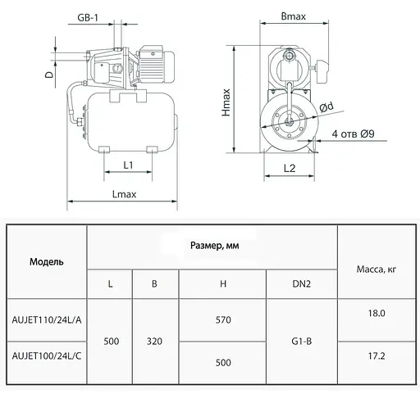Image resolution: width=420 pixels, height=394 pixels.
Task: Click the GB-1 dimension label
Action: pyautogui.click(x=88, y=18)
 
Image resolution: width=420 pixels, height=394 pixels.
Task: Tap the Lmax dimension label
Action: pyautogui.click(x=124, y=194)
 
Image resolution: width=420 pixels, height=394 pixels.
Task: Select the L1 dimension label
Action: pyautogui.click(x=128, y=165)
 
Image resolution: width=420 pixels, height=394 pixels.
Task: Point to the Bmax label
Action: pyautogui.click(x=294, y=16)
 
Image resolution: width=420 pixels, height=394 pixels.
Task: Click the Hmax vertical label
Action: pyautogui.click(x=226, y=102)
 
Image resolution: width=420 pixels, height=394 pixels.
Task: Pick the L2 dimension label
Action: pyautogui.click(x=290, y=168)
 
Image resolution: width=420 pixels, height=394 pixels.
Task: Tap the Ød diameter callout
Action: pyautogui.click(x=326, y=106)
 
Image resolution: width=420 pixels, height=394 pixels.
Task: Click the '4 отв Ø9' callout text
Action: pyautogui.click(x=353, y=134)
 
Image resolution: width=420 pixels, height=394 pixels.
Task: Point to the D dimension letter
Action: pyautogui.click(x=49, y=75)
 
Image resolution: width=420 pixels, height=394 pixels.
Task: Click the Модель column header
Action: pyautogui.click(x=47, y=262)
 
